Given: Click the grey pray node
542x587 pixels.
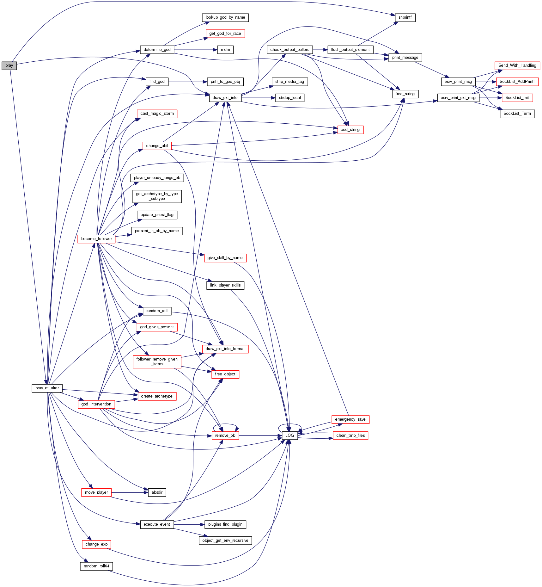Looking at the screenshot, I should pyautogui.click(x=9, y=66).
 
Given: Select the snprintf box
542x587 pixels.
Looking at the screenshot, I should pyautogui.click(x=405, y=18).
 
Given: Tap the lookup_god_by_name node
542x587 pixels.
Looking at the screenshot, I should pyautogui.click(x=225, y=18).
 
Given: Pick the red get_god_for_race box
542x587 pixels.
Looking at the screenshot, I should pyautogui.click(x=225, y=34).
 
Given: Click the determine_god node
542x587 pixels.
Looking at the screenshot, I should pyautogui.click(x=157, y=50).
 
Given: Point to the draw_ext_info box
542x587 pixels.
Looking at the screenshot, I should pyautogui.click(x=225, y=98).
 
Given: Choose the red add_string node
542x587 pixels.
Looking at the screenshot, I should pyautogui.click(x=350, y=130).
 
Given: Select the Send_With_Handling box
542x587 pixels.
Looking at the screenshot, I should pyautogui.click(x=517, y=66).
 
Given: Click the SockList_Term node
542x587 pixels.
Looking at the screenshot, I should pyautogui.click(x=517, y=114).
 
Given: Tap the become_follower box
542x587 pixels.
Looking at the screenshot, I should pyautogui.click(x=96, y=239).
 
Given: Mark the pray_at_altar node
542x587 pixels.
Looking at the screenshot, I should pyautogui.click(x=47, y=388).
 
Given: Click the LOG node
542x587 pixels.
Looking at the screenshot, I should pyautogui.click(x=289, y=436).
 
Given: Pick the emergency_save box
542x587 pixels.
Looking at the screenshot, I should pyautogui.click(x=350, y=420).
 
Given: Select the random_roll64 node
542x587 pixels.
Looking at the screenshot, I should pyautogui.click(x=96, y=566).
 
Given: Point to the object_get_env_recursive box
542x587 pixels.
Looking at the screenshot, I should pyautogui.click(x=225, y=541).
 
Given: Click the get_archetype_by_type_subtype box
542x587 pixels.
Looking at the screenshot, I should pyautogui.click(x=157, y=196).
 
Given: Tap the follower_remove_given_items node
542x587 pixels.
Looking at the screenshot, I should pyautogui.click(x=157, y=362).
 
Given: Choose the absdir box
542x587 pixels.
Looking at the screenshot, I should pyautogui.click(x=157, y=493).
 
